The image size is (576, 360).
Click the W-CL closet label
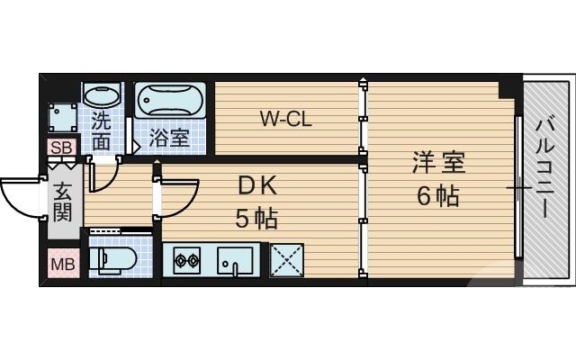coord(286,118)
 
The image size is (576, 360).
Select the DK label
coord(256,185)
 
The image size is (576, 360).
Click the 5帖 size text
coord(256,217)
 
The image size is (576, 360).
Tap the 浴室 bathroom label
coord(169,139)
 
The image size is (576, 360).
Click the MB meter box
coord(63,265)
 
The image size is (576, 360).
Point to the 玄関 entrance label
coord(62,202)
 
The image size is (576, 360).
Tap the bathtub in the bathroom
coord(171,101)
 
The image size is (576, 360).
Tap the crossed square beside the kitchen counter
coord(287,261)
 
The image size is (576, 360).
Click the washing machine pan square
coord(63,117)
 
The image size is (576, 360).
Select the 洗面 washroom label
coord(101,130)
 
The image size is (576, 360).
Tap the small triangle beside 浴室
coord(137,140)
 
